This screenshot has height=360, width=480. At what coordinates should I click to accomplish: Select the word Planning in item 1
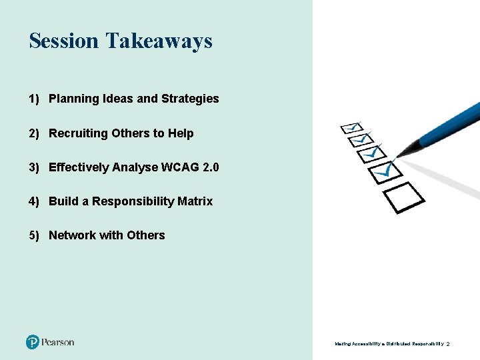pyautogui.click(x=75, y=99)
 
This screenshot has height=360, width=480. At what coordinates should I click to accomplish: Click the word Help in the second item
pyautogui.click(x=181, y=133)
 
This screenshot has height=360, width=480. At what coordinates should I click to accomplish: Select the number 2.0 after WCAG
pyautogui.click(x=210, y=167)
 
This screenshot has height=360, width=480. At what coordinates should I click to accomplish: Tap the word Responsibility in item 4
pyautogui.click(x=133, y=201)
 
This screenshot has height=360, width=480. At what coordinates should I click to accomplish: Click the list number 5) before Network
pyautogui.click(x=35, y=235)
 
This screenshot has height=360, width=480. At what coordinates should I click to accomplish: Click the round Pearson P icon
pyautogui.click(x=33, y=342)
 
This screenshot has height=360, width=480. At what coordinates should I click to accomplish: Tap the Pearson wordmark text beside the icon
pyautogui.click(x=58, y=342)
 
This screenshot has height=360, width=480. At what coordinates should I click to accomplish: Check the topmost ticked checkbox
pyautogui.click(x=351, y=127)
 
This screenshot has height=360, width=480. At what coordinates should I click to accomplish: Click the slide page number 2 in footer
pyautogui.click(x=448, y=344)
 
